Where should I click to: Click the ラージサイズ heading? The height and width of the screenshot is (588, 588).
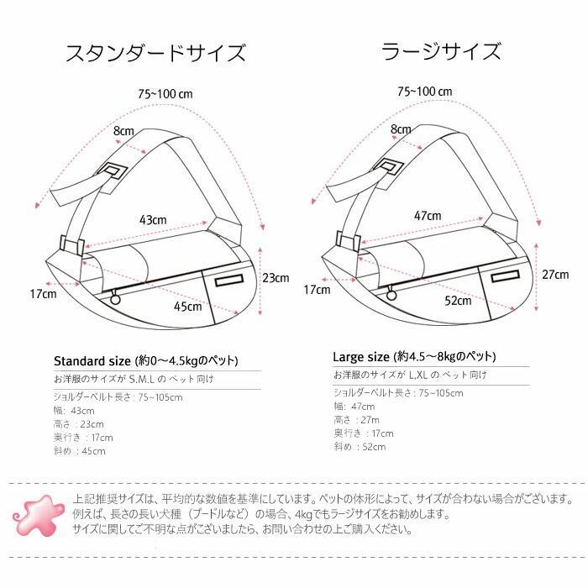(441, 52)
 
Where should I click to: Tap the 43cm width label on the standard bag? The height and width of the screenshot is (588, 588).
(153, 219)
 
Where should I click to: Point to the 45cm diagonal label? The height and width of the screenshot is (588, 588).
(187, 307)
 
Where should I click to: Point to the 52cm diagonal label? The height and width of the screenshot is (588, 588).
(459, 301)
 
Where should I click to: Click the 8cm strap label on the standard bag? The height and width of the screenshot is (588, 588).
(123, 131)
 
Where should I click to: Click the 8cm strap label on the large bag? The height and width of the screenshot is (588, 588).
(401, 129)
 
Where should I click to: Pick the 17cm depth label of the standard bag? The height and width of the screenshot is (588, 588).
(43, 294)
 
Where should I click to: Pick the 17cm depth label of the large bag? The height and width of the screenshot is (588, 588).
(317, 290)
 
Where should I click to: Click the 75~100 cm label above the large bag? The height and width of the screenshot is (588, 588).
(426, 92)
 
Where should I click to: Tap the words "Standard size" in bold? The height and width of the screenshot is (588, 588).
(90, 360)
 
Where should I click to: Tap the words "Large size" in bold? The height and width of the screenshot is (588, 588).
(361, 355)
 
